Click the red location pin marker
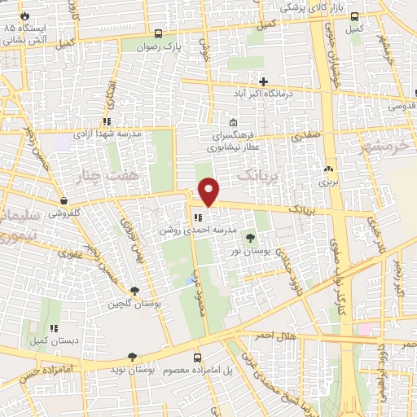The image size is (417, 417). (x=209, y=191)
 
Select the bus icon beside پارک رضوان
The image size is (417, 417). (x=158, y=34)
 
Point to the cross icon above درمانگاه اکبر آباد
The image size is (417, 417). (x=262, y=81)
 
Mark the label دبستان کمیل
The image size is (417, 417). (x=54, y=340)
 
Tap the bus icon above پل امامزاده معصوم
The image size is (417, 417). (x=198, y=357)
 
